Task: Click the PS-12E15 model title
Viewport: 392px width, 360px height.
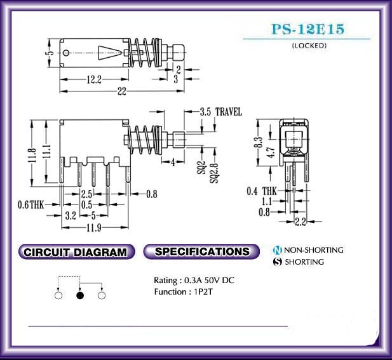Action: (x=308, y=29)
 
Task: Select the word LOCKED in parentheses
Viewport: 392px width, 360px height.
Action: (x=309, y=46)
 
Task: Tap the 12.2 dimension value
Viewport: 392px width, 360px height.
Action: (x=94, y=79)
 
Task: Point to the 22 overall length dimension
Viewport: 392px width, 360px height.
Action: (x=122, y=91)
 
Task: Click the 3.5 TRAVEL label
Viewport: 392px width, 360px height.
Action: (x=220, y=112)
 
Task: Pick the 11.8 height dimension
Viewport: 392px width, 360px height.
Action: (x=32, y=155)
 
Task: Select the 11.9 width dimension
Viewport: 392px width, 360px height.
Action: (x=94, y=227)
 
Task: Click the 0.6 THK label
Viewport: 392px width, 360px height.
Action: (x=30, y=205)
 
